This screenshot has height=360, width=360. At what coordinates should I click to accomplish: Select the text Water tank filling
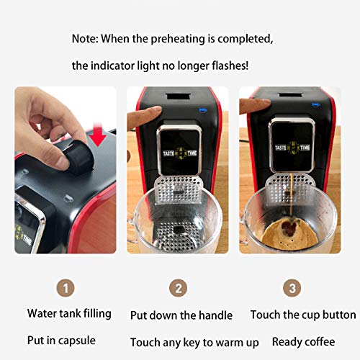[x=69, y=313]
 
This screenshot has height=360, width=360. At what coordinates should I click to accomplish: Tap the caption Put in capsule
[x=61, y=341]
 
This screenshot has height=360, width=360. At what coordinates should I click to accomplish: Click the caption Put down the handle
[x=181, y=315]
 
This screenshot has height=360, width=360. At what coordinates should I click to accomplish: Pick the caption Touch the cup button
[x=303, y=315]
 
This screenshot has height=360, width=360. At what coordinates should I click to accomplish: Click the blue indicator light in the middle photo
[x=204, y=109]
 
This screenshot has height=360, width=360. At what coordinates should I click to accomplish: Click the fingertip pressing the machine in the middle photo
[x=157, y=112]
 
